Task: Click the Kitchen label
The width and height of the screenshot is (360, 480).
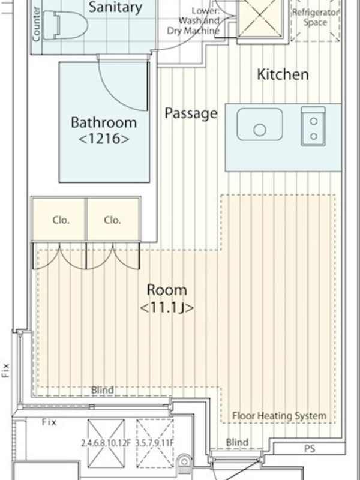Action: pyautogui.click(x=283, y=74)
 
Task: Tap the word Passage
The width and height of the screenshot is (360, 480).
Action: pyautogui.click(x=191, y=113)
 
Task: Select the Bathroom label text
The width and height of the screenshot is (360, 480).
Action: pyautogui.click(x=104, y=122)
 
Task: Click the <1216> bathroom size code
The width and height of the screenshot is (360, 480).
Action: pyautogui.click(x=104, y=139)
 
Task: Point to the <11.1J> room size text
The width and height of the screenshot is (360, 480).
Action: pyautogui.click(x=167, y=308)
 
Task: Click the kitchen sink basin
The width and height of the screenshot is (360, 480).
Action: pyautogui.click(x=260, y=124)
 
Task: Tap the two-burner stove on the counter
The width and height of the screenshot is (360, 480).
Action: pyautogui.click(x=313, y=127)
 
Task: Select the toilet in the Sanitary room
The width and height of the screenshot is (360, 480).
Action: pyautogui.click(x=65, y=25)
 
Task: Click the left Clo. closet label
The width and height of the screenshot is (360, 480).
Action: pyautogui.click(x=61, y=220)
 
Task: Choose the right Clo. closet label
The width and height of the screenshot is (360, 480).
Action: pyautogui.click(x=112, y=220)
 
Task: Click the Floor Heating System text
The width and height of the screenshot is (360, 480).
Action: pyautogui.click(x=279, y=416)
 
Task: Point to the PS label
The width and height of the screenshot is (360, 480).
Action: pyautogui.click(x=310, y=449)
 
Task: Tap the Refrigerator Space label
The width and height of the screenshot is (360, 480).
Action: pyautogui.click(x=316, y=17)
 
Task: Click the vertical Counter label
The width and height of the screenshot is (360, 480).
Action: pyautogui.click(x=36, y=24)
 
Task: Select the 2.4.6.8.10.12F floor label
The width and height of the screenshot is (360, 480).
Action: pyautogui.click(x=106, y=443)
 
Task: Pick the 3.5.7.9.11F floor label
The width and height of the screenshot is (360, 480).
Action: pyautogui.click(x=155, y=443)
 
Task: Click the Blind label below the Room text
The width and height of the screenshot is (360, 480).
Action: pyautogui.click(x=103, y=390)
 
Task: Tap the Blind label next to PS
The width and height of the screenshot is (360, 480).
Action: pyautogui.click(x=237, y=442)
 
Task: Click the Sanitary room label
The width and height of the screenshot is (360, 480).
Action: pyautogui.click(x=115, y=7)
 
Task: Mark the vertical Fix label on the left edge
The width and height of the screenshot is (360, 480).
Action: pyautogui.click(x=5, y=370)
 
